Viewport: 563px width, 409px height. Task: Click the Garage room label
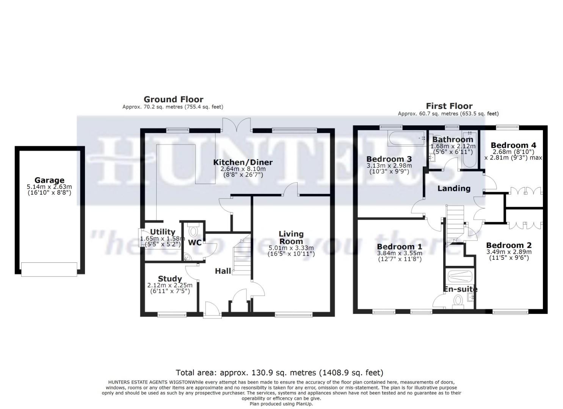click(x=49, y=180)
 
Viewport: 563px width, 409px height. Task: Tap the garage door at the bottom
click(x=49, y=269)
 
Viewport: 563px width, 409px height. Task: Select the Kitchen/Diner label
click(x=243, y=162)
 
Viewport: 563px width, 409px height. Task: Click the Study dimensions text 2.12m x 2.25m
click(x=170, y=285)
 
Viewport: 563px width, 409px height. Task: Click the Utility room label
click(x=163, y=232)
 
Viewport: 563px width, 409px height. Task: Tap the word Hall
click(x=223, y=271)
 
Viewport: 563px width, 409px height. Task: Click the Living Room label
click(x=291, y=237)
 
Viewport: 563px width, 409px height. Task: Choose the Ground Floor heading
click(x=173, y=100)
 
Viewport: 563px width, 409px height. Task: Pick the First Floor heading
click(x=449, y=106)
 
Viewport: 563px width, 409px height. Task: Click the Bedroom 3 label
click(x=389, y=159)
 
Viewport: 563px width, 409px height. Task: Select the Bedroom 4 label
click(x=513, y=145)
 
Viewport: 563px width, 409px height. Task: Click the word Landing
click(x=454, y=189)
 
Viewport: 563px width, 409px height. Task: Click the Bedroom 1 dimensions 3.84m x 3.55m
click(x=399, y=253)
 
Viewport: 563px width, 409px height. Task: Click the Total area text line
click(x=280, y=373)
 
